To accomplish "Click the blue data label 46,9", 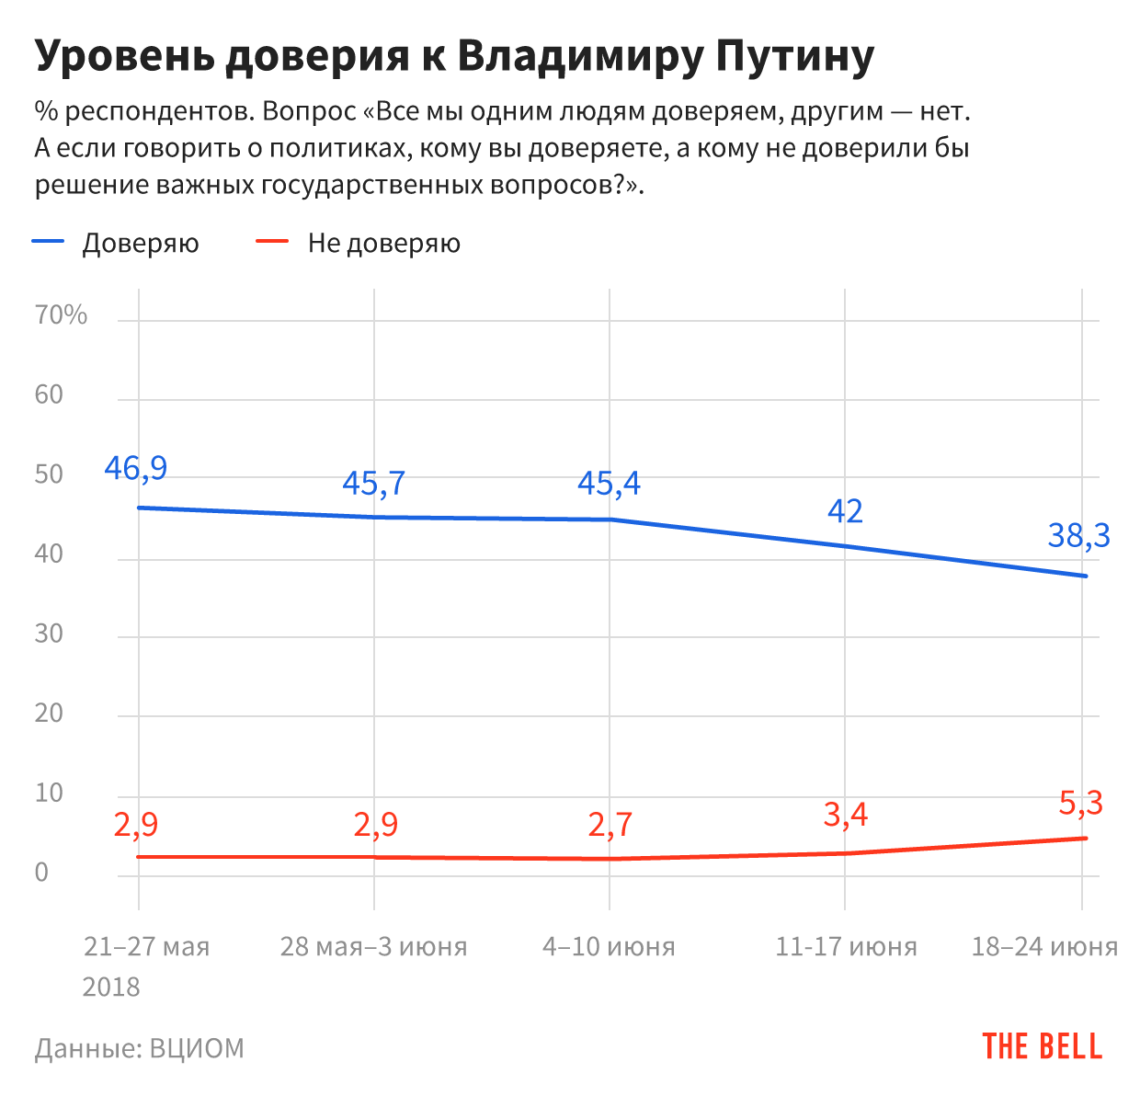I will [x=136, y=469].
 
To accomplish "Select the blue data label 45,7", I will [x=374, y=484].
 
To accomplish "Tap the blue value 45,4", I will [x=609, y=484].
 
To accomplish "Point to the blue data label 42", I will [x=845, y=511].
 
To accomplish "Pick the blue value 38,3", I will [x=1078, y=535].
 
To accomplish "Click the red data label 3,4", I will [x=845, y=815].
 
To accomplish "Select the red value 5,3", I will [x=1080, y=804].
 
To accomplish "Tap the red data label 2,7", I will [x=610, y=825].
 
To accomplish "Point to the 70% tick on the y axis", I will [x=61, y=315].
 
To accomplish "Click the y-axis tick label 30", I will [x=49, y=634].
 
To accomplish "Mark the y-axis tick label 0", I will [x=41, y=873].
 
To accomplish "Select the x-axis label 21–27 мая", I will [x=146, y=947].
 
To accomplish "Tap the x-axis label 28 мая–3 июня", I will [x=373, y=947].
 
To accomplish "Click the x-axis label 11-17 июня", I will [x=846, y=947].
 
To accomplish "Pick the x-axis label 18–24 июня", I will [x=1044, y=947].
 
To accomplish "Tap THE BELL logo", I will [x=1042, y=1046].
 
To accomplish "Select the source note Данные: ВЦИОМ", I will [x=140, y=1048].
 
